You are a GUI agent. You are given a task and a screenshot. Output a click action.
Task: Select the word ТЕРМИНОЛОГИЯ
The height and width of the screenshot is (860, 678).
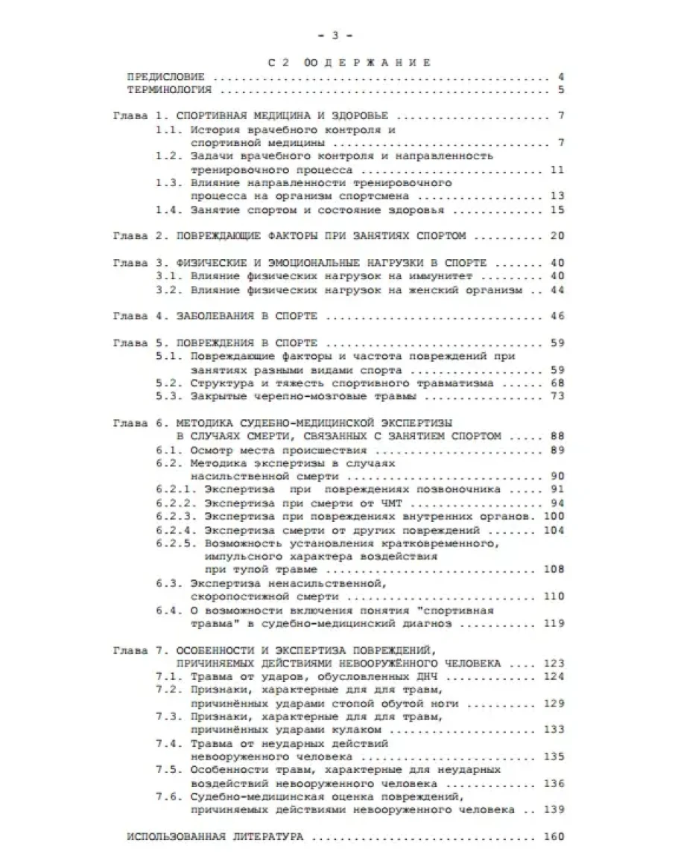tap(169, 90)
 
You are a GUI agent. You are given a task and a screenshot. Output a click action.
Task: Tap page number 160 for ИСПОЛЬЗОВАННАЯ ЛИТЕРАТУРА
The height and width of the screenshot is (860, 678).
tap(554, 837)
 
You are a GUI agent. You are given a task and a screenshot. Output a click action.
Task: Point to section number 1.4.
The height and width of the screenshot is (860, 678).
tap(168, 211)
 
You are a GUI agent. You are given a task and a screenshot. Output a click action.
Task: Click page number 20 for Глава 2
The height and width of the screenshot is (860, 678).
tap(557, 236)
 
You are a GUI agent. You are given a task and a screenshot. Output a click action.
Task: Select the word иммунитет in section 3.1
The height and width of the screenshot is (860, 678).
tap(460, 275)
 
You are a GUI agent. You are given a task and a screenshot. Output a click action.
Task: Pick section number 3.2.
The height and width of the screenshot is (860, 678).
tap(168, 289)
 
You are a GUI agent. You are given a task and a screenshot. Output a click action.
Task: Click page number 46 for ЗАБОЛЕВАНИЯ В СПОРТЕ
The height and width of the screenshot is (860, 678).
tap(557, 316)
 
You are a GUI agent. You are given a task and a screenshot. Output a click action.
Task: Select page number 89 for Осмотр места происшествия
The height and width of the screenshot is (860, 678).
tap(557, 450)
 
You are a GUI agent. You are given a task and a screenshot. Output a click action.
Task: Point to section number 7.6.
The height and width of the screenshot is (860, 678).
tap(168, 797)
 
